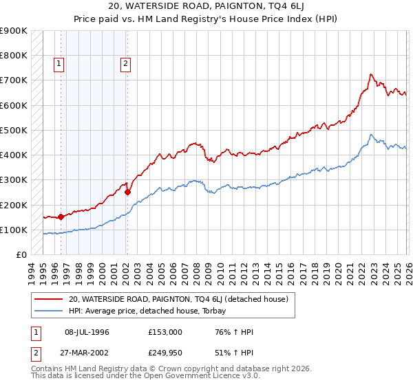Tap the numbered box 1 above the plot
click(60, 65)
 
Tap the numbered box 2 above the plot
click(126, 65)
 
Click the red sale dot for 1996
click(61, 217)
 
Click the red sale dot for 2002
click(127, 192)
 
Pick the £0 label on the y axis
click(21, 255)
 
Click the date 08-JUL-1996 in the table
click(87, 332)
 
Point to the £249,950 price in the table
click(165, 353)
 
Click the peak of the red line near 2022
click(371, 74)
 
